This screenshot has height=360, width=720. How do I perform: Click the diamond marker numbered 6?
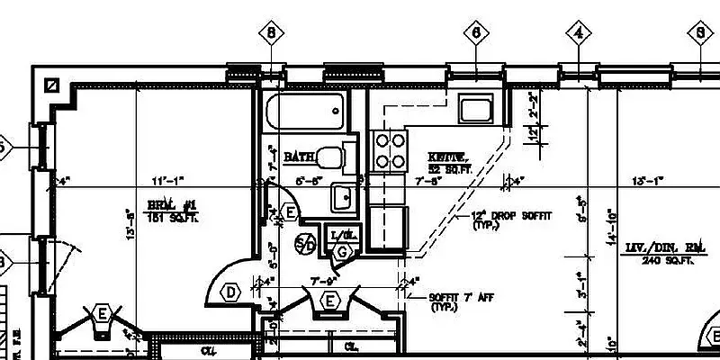(476, 33)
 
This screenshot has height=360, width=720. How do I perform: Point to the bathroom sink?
(342, 195)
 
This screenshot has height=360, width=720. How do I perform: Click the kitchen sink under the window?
(473, 110)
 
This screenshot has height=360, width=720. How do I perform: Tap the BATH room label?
(299, 157)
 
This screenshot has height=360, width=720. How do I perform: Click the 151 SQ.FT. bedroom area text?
(173, 217)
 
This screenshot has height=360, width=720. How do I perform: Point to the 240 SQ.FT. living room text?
(669, 261)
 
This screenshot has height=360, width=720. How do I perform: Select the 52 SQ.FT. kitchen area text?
(447, 168)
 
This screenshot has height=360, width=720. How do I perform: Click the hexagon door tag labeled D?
(231, 292)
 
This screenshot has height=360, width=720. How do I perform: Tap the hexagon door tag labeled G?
(341, 252)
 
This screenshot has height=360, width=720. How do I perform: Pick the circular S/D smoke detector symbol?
(305, 243)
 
